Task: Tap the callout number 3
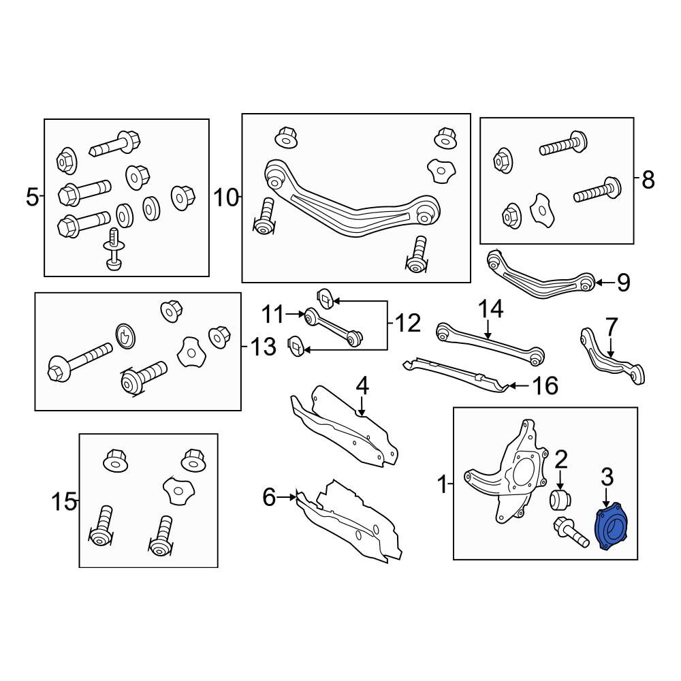(607, 477)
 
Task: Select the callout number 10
(226, 198)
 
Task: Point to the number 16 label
(545, 385)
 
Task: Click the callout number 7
(611, 327)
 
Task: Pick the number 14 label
(491, 308)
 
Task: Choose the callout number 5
(33, 197)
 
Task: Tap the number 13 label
(263, 347)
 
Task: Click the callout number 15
(63, 502)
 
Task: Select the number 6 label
(269, 497)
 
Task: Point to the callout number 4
(362, 385)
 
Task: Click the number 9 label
(623, 283)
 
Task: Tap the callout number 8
(648, 179)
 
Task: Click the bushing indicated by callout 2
(560, 500)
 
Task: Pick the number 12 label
(408, 323)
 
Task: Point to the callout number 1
(442, 484)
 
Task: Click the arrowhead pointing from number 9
(598, 283)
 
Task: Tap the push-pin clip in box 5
(113, 249)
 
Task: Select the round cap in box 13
(125, 336)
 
